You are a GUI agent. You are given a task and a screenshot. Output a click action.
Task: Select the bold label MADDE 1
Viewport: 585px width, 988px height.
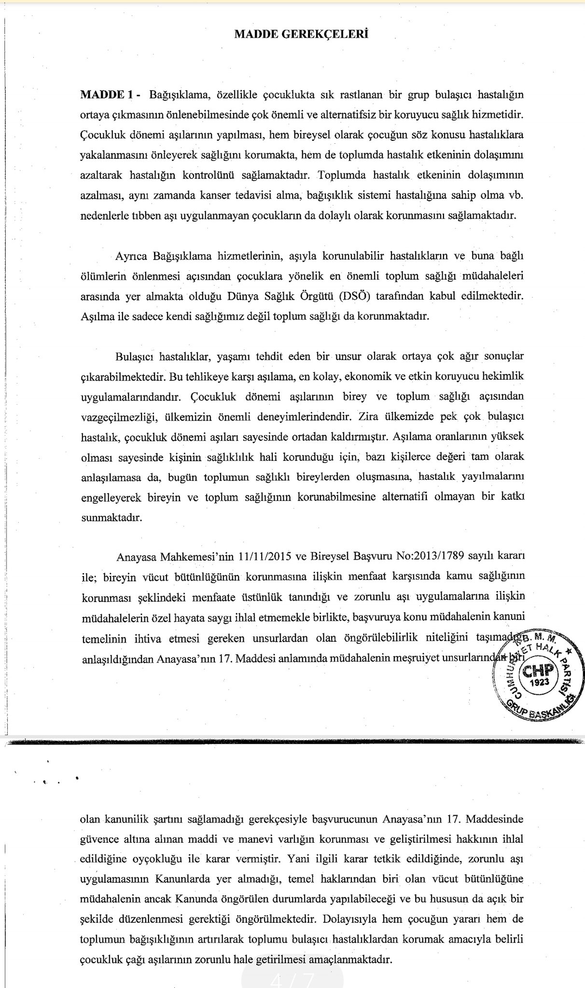coord(107,95)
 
